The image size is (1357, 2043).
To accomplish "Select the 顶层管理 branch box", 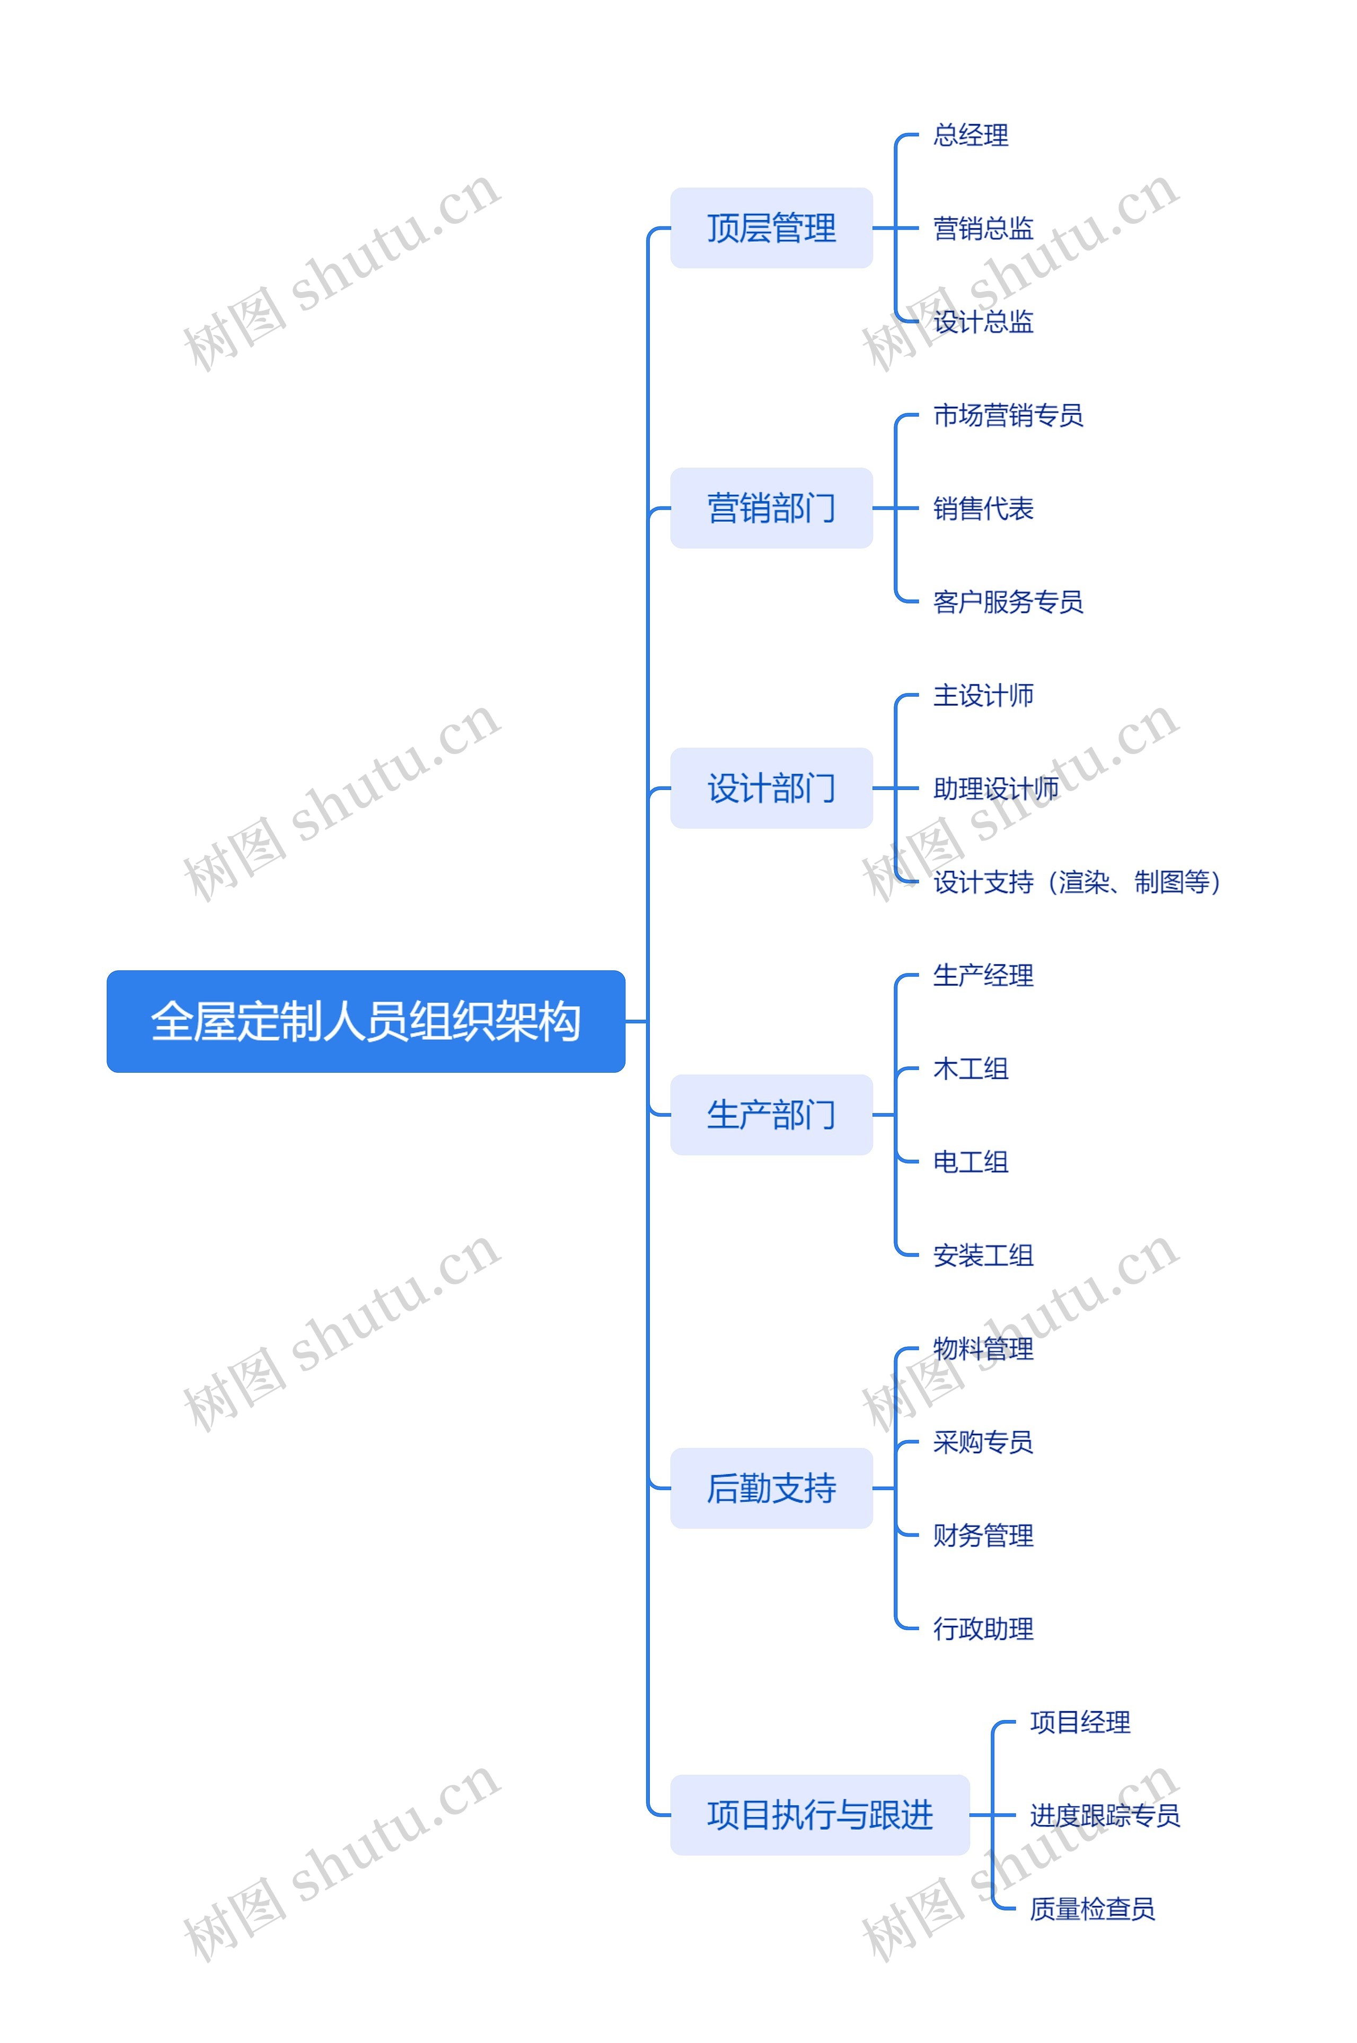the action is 771,227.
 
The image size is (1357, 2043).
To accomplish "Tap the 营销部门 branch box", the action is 771,508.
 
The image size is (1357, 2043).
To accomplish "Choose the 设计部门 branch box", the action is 771,788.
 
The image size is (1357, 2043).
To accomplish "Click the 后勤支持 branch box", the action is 771,1487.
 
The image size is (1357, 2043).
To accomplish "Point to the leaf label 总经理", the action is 970,135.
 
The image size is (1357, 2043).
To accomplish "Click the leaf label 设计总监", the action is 983,322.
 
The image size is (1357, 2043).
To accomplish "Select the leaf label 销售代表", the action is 983,508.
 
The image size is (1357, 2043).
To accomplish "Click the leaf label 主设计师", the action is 983,695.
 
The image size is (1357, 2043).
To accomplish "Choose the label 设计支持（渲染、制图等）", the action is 1078,882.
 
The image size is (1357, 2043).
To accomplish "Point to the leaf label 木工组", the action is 970,1068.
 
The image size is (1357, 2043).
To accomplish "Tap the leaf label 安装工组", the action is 983,1255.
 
